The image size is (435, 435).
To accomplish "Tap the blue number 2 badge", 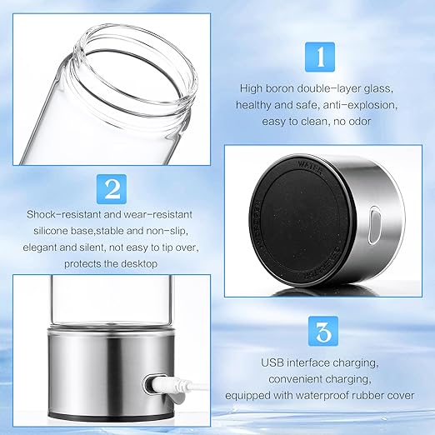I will coord(111,187).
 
